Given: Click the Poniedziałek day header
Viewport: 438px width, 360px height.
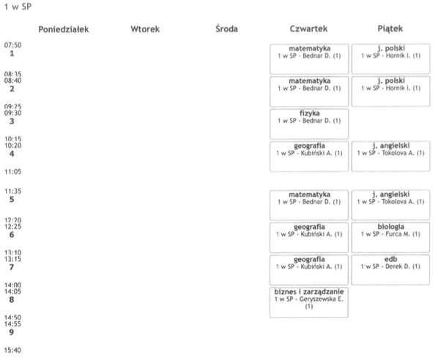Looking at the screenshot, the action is coord(64,29).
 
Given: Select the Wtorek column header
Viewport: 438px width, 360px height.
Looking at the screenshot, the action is coord(145,29).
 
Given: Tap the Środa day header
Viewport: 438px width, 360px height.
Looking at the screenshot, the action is coord(226,29).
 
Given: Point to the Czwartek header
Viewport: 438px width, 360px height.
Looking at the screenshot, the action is coord(308,29).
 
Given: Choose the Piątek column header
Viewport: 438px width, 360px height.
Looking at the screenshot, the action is coord(390,29).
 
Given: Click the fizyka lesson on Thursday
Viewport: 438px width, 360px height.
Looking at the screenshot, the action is coord(309,124).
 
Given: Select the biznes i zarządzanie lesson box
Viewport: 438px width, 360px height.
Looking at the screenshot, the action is coord(309,302).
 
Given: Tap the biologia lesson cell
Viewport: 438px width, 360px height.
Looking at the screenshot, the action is coord(390,237).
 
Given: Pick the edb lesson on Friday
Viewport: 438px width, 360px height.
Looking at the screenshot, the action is coord(390,269).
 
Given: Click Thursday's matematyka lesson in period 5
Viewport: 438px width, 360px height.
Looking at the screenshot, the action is coord(309,205).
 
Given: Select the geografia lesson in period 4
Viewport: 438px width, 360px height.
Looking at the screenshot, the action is coord(309,157).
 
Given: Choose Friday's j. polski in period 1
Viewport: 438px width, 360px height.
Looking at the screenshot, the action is coord(391,59).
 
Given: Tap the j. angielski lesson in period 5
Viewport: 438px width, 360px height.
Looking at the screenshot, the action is coord(390,205).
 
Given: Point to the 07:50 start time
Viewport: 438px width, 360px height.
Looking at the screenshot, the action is coord(13,45).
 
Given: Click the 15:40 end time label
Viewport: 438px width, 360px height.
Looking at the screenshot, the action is coord(12,350).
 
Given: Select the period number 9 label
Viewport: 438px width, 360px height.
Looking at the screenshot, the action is coord(12,332).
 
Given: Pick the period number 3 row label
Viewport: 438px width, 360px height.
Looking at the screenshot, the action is coord(12,121).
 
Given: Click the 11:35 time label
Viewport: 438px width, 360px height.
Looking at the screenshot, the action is coord(13,191).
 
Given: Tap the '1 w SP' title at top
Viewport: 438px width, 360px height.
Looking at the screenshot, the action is coord(18,7).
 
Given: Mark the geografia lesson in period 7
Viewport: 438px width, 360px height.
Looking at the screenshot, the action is coord(309,270).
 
